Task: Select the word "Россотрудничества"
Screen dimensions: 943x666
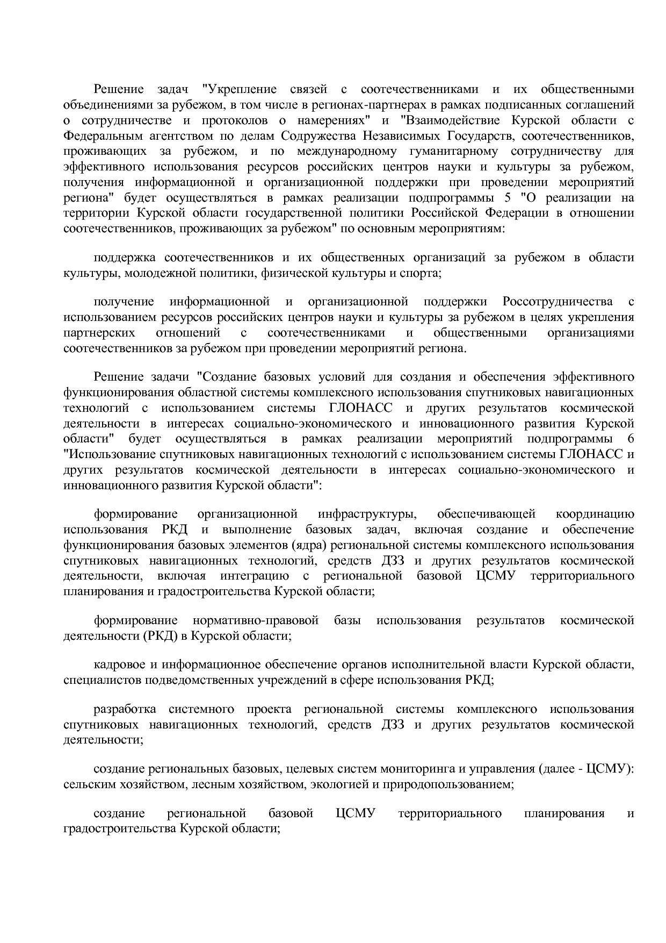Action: coord(558,302)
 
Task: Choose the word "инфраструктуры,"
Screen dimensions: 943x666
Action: coord(367,514)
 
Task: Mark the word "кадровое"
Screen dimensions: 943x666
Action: coord(118,665)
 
